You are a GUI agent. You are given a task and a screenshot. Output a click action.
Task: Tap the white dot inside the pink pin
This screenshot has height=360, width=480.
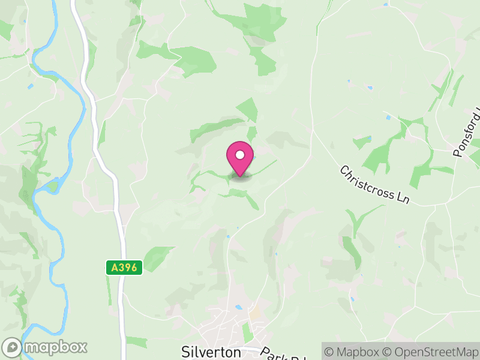click(240, 155)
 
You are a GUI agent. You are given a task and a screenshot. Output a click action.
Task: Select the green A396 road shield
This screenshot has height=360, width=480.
click(124, 268)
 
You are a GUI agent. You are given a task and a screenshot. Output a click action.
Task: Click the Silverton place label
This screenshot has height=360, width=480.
click(211, 352)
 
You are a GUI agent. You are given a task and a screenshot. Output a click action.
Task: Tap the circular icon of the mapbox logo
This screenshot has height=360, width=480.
click(13, 347)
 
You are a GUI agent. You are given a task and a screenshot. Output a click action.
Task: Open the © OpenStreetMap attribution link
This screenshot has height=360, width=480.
click(431, 351)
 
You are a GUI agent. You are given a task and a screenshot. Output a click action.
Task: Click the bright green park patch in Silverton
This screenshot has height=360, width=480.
click(247, 332)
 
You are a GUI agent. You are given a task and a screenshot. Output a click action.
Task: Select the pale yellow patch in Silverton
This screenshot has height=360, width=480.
click(256, 313)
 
